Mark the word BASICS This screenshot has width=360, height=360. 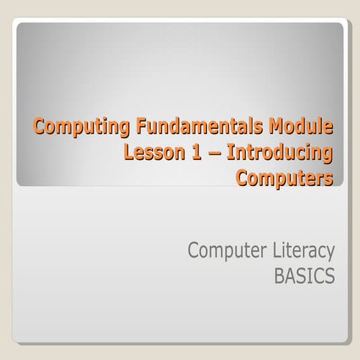point(304,277)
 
